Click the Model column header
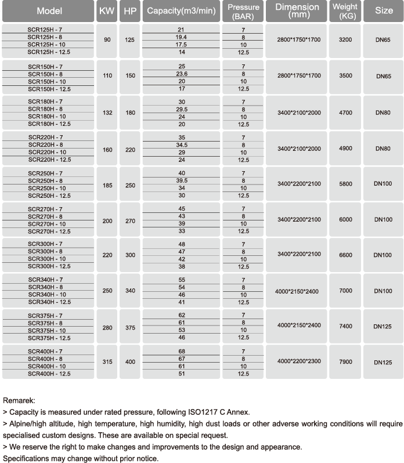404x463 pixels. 49,11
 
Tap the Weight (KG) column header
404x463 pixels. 345,11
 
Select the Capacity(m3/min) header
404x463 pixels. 181,11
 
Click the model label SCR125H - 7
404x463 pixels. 49,30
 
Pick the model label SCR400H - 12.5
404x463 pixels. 49,374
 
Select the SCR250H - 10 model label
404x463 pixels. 49,188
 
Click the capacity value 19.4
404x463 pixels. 181,37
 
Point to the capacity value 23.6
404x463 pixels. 181,74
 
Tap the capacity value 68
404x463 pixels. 181,352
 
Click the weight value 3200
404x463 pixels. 345,40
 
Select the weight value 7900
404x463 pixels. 345,362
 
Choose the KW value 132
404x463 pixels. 107,113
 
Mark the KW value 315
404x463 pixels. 107,362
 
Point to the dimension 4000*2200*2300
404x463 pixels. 299,361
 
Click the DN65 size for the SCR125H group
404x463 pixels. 383,41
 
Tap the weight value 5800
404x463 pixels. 345,184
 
